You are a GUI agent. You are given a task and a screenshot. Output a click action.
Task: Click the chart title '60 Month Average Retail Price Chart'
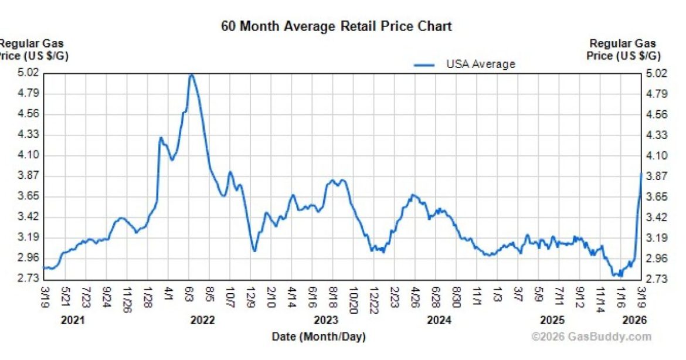(336, 26)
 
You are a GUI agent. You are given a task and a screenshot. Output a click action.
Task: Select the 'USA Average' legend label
(480, 64)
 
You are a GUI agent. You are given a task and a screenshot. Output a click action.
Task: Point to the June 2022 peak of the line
(191, 75)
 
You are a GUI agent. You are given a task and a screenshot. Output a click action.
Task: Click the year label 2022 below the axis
(203, 320)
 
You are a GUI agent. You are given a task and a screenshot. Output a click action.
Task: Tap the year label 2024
(439, 320)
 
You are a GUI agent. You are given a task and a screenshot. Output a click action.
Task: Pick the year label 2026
(634, 320)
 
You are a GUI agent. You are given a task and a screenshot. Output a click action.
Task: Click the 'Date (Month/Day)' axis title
(318, 337)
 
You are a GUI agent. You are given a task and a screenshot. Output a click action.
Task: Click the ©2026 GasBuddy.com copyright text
(591, 337)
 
